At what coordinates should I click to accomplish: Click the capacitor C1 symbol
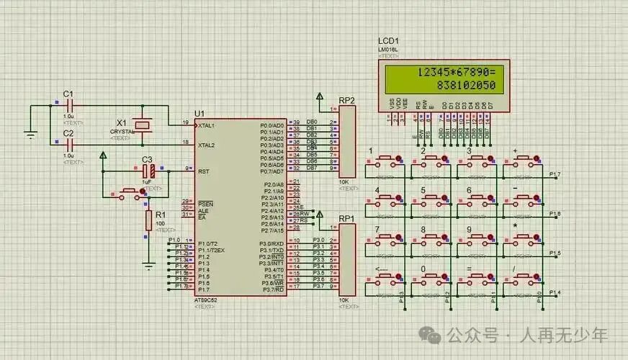pyautogui.click(x=69, y=105)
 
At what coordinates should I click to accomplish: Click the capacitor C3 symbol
pyautogui.click(x=148, y=171)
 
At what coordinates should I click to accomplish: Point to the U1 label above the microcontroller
pyautogui.click(x=199, y=114)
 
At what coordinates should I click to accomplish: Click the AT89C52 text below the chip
pyautogui.click(x=206, y=299)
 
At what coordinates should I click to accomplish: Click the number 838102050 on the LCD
pyautogui.click(x=467, y=86)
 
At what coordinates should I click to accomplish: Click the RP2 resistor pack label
pyautogui.click(x=346, y=99)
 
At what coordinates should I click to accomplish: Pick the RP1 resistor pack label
pyautogui.click(x=346, y=217)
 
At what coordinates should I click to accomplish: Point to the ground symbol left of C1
pyautogui.click(x=30, y=133)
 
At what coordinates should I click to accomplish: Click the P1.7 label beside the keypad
pyautogui.click(x=555, y=175)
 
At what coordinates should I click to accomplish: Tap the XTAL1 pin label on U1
pyautogui.click(x=207, y=125)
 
